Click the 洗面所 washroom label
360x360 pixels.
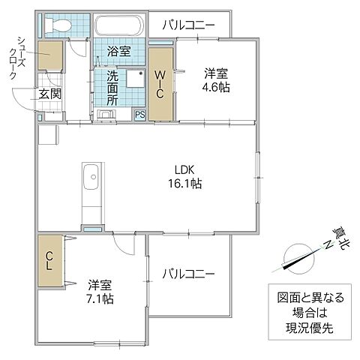(x=112, y=87)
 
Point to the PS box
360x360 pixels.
(x=139, y=114)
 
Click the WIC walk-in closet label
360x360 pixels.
(x=161, y=83)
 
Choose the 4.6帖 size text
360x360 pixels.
(x=217, y=86)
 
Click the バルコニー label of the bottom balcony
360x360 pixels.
(x=188, y=274)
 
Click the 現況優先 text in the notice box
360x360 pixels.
(x=305, y=328)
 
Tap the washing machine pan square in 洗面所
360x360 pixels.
(x=135, y=82)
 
